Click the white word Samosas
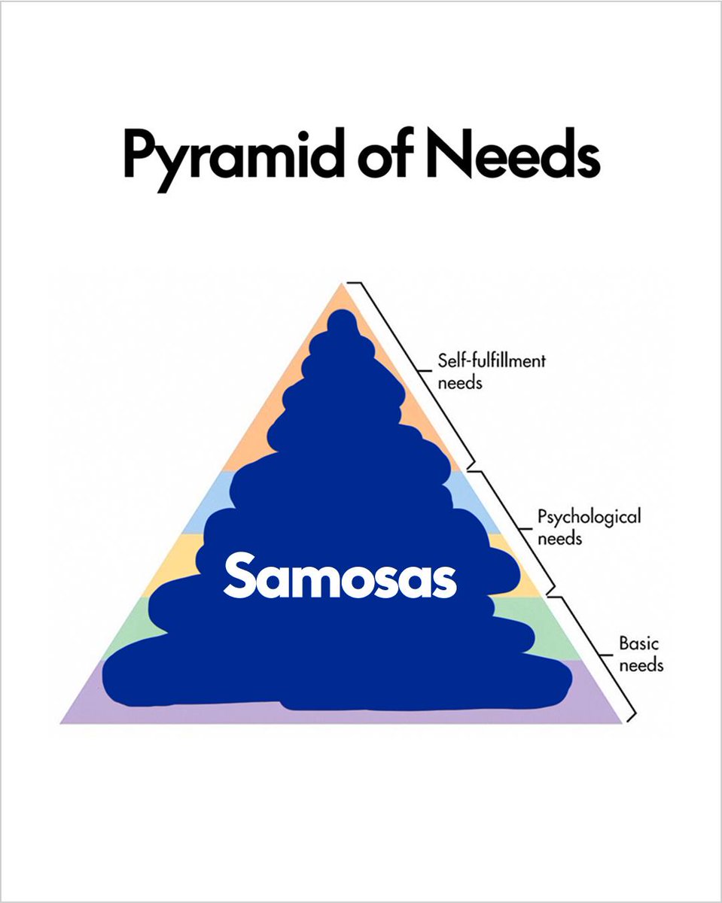[x=340, y=576]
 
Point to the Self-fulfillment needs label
[x=491, y=371]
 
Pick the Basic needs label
[x=641, y=654]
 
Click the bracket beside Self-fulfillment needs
[x=415, y=372]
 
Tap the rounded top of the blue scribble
[x=343, y=324]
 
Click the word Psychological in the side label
[x=589, y=518]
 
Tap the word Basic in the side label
[x=638, y=644]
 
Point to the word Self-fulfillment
[x=491, y=362]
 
